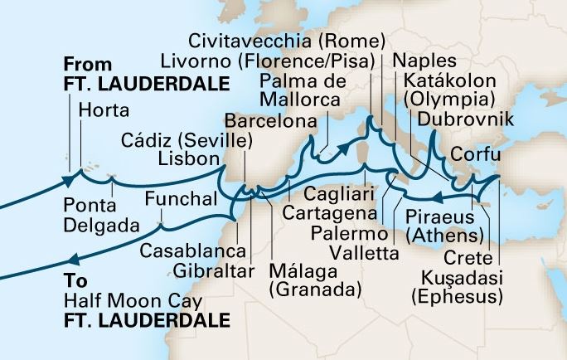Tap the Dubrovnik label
(467, 121)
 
